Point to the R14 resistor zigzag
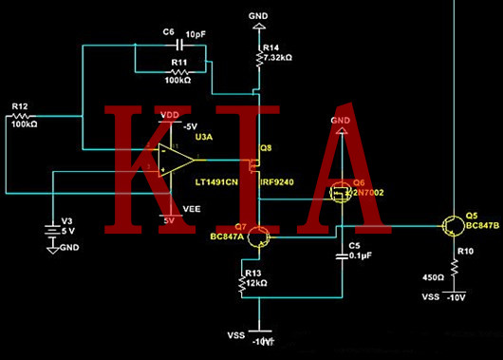[x=258, y=60]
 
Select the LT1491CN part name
[x=221, y=180]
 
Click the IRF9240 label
[x=274, y=180]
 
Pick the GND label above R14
[x=257, y=16]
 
